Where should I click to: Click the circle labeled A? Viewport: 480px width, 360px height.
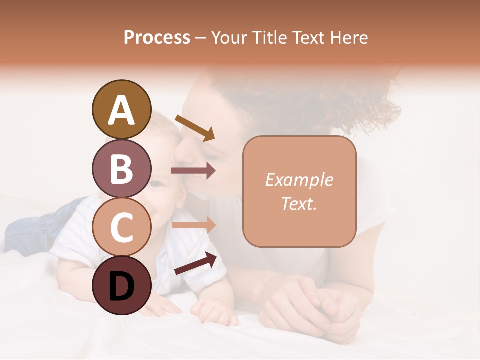pos(121,109)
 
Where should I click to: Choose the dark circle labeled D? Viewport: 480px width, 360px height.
pos(121,285)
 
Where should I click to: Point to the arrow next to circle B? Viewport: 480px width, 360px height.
pos(193,171)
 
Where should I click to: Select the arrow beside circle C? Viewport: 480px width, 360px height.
pos(193,225)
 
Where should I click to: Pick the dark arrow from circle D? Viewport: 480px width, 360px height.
pos(196,263)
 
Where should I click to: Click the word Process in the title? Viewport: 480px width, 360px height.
pos(157,37)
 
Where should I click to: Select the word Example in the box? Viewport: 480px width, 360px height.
pos(299,180)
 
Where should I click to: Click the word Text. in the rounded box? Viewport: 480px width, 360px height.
pos(299,203)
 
